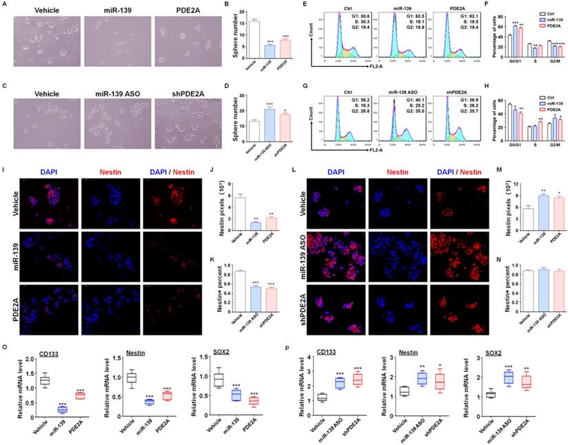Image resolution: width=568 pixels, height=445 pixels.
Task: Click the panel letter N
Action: [491, 259]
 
